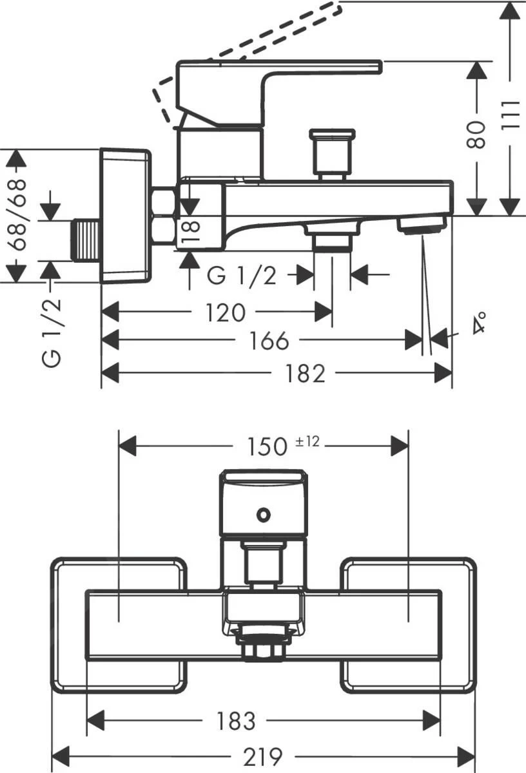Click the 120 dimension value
tap(226, 313)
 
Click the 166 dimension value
tap(269, 341)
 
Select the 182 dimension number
tap(306, 373)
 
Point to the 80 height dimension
tap(477, 134)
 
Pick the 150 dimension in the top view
tap(267, 445)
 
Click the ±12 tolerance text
tap(308, 441)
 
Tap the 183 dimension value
tap(237, 721)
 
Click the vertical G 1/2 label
tap(53, 332)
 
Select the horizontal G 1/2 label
tap(242, 276)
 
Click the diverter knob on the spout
tap(332, 152)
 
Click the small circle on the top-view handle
tap(263, 514)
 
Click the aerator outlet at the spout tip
tap(422, 225)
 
